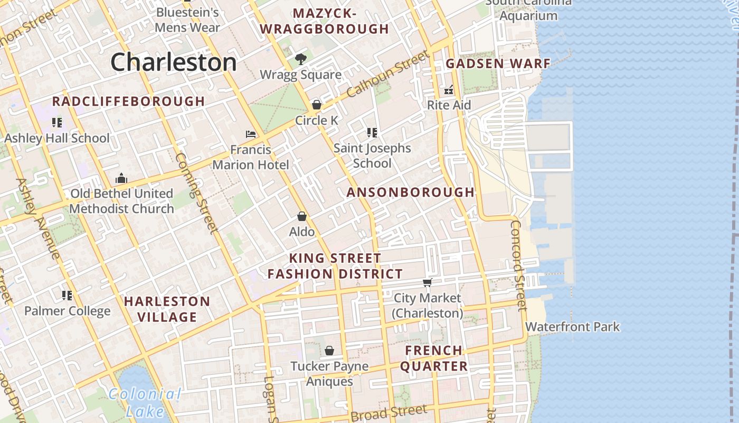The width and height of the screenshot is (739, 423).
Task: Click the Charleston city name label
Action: [x=174, y=62]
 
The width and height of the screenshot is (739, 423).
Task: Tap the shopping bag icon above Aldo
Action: [x=302, y=216]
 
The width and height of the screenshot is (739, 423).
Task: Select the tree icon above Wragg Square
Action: [x=301, y=59]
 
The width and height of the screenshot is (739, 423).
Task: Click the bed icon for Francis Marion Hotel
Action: [x=251, y=134]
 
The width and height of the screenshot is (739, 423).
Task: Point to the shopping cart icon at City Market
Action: [x=428, y=282]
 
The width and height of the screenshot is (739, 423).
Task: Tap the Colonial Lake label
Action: [x=145, y=402]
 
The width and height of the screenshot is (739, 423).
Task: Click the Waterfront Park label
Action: [x=572, y=327]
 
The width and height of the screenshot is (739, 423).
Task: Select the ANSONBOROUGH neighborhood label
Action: [x=411, y=192]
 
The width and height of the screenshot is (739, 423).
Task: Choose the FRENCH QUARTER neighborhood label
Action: [x=434, y=358]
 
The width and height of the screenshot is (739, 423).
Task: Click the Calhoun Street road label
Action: [x=388, y=75]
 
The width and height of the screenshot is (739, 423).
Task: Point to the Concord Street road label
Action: [x=518, y=265]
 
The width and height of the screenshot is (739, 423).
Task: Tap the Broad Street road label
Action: [x=389, y=412]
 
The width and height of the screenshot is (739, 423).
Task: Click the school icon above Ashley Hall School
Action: [x=57, y=123]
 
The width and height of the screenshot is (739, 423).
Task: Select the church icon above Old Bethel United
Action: [x=121, y=178]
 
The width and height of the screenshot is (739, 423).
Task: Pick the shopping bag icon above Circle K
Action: [x=317, y=105]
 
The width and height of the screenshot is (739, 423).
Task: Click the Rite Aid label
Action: [x=449, y=105]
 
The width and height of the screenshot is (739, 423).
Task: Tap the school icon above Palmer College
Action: [x=67, y=295]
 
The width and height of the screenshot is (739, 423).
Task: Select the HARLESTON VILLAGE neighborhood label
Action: [x=167, y=309]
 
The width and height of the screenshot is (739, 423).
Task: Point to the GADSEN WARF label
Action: [x=498, y=64]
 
